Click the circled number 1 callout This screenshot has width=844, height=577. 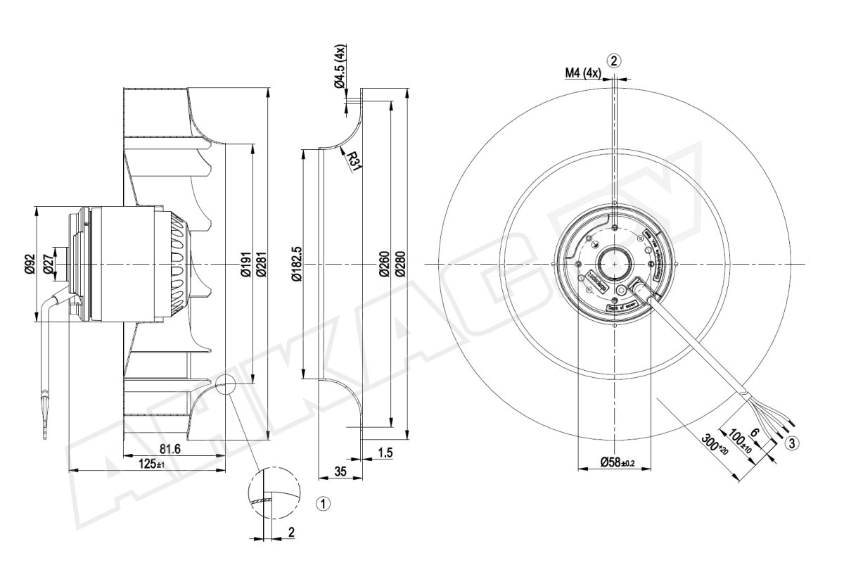pyautogui.click(x=323, y=503)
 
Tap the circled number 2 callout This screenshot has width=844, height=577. pyautogui.click(x=614, y=60)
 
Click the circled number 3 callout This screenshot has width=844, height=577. pyautogui.click(x=793, y=443)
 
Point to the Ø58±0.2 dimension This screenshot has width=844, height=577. pyautogui.click(x=618, y=462)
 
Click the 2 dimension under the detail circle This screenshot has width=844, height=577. pyautogui.click(x=291, y=533)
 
